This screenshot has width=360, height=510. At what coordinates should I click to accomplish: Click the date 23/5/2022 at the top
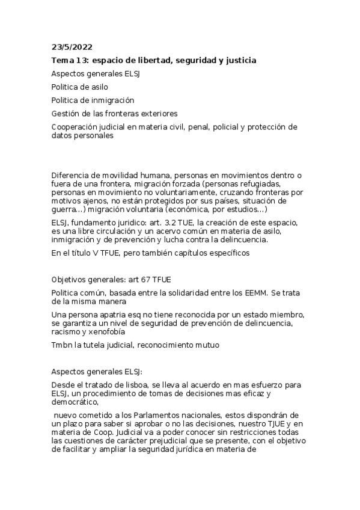72,48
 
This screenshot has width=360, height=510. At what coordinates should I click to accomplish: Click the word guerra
65,209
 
